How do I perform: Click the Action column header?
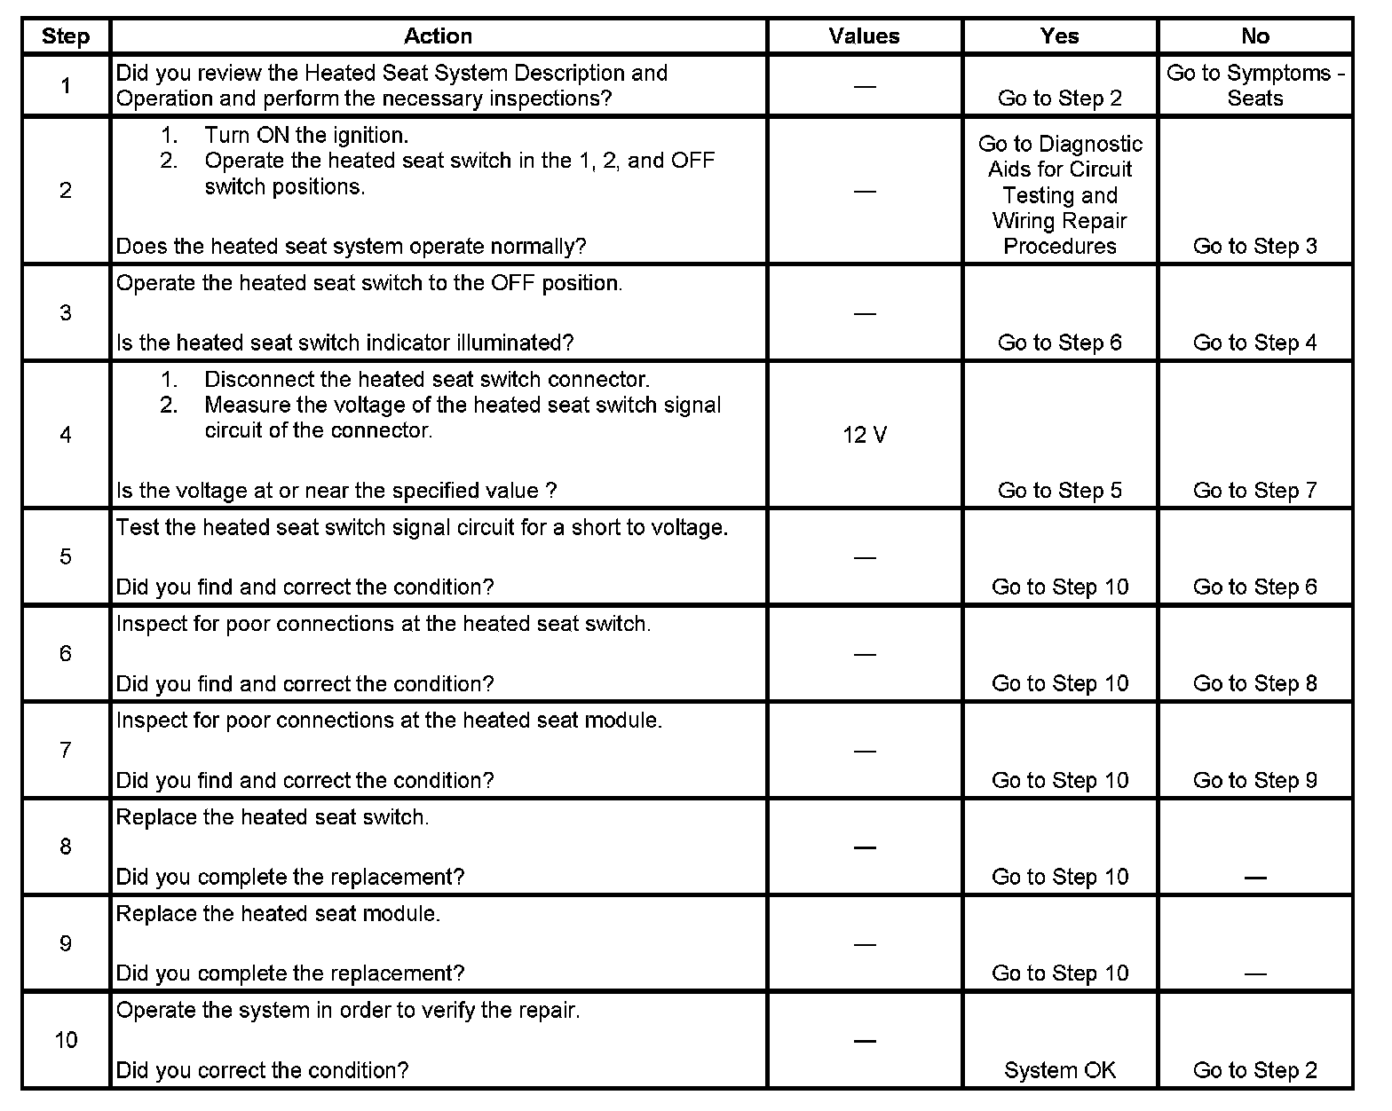(438, 36)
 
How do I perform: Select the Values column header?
(864, 36)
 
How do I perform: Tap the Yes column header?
(1059, 36)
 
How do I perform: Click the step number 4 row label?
(66, 435)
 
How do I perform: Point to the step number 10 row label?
(66, 1040)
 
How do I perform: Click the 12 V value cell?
(864, 436)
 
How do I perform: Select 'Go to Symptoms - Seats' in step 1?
(1254, 86)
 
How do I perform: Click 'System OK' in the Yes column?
(1059, 1071)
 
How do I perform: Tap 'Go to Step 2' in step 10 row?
(1254, 1071)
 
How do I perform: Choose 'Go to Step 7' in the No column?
(1254, 491)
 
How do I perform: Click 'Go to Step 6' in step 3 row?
(1059, 343)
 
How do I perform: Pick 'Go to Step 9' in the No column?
(1254, 781)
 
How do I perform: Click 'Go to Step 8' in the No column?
(1254, 684)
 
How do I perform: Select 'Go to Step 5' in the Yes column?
(1059, 491)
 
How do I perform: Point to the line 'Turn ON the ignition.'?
(306, 136)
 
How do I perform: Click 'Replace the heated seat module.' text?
(278, 914)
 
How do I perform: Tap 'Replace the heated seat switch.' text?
(273, 817)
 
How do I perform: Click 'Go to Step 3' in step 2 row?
(1254, 247)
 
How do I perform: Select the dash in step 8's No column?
(1254, 878)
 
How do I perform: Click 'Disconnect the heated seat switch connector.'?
(427, 380)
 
